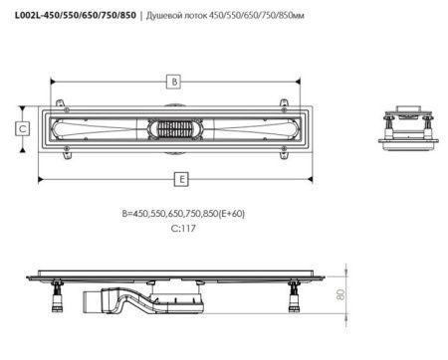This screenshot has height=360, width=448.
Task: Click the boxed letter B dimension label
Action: [x=173, y=82]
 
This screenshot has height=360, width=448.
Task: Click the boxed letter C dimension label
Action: [x=23, y=128]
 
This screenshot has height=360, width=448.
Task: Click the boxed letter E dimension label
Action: [x=181, y=179]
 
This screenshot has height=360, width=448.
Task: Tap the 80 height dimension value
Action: [x=340, y=294]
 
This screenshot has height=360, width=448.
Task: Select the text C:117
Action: [x=183, y=229]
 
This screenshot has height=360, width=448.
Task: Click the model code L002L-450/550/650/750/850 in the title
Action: [x=76, y=15]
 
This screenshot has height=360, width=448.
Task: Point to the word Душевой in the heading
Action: [x=161, y=16]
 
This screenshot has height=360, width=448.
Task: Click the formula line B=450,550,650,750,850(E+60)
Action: [x=183, y=214]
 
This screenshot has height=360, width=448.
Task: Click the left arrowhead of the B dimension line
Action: [x=53, y=82]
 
